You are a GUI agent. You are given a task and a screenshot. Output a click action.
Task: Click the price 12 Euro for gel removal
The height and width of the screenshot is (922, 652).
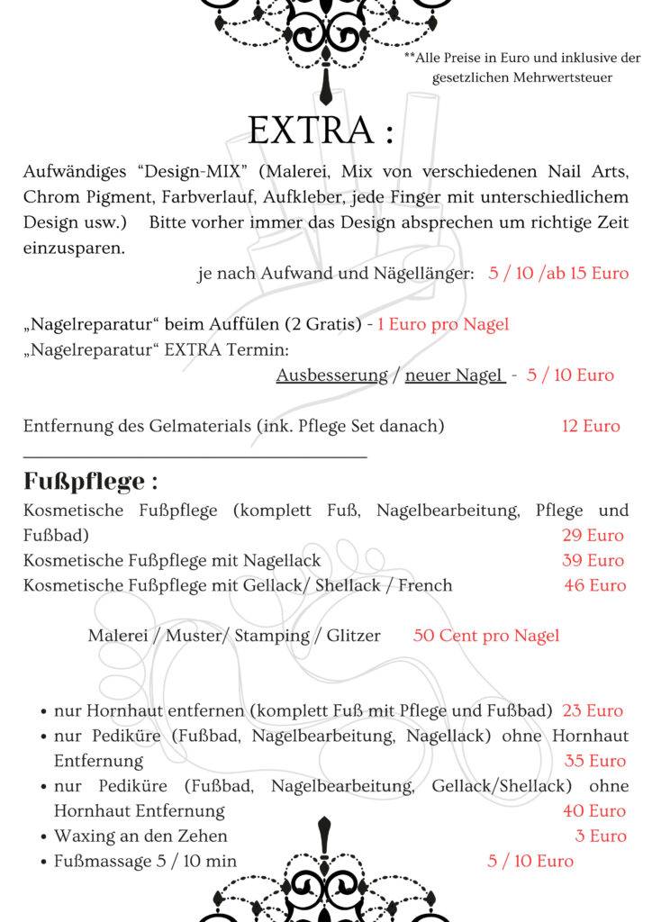pyautogui.click(x=591, y=426)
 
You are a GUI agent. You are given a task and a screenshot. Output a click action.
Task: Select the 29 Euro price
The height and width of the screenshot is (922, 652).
pyautogui.click(x=593, y=536)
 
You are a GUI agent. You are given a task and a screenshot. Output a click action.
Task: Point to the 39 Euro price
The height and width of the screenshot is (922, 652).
pyautogui.click(x=593, y=560)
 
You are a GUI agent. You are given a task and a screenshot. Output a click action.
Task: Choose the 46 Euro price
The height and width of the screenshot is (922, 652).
pyautogui.click(x=594, y=585)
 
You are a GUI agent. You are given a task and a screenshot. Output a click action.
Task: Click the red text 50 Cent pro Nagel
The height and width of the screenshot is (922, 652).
pyautogui.click(x=485, y=636)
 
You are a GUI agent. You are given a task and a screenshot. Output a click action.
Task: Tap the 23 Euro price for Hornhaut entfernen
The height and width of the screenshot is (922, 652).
pyautogui.click(x=593, y=711)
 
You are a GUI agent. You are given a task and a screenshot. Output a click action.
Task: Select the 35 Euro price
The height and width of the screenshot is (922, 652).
pyautogui.click(x=594, y=761)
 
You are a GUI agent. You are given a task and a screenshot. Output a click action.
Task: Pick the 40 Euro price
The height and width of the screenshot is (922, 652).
pyautogui.click(x=594, y=811)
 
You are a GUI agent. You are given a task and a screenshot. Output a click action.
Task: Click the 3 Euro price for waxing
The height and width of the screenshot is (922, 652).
pyautogui.click(x=601, y=836)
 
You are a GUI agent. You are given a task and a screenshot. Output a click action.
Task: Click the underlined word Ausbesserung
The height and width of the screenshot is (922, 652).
pyautogui.click(x=331, y=375)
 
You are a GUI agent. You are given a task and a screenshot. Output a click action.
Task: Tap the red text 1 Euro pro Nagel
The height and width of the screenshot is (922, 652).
pyautogui.click(x=443, y=324)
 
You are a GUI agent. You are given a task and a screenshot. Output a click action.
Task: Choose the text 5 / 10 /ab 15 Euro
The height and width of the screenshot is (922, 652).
pyautogui.click(x=558, y=273)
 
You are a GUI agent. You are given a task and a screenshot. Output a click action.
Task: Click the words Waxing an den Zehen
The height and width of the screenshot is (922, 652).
pyautogui.click(x=140, y=836)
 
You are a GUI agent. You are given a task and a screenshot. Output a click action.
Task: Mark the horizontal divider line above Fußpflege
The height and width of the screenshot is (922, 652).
pyautogui.click(x=195, y=457)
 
